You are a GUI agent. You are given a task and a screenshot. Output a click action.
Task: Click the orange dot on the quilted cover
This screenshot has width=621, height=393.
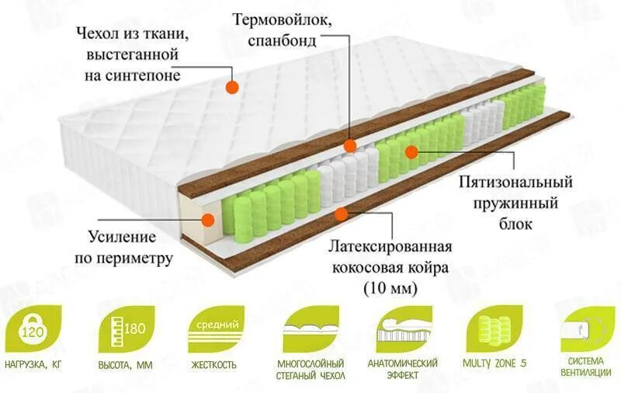[x=231, y=88]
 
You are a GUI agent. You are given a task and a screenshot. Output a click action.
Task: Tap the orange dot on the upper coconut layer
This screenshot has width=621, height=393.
[x=350, y=145]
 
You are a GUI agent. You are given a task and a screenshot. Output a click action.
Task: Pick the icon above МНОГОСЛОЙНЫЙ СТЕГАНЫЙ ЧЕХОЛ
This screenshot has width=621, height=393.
[x=310, y=329]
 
